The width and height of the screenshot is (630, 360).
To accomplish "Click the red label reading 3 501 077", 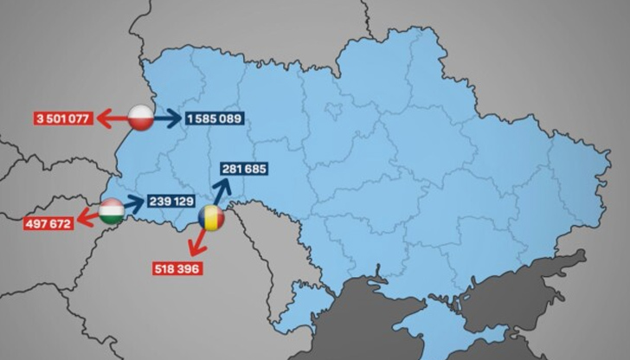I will click(61, 119).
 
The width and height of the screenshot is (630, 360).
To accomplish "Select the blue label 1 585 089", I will click(215, 119).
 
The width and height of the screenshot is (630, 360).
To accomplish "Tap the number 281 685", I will click(243, 170).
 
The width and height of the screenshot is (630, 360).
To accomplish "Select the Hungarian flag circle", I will click(112, 213).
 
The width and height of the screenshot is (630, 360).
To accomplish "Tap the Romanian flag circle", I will click(212, 221).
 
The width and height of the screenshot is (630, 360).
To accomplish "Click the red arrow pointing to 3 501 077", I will click(111, 118).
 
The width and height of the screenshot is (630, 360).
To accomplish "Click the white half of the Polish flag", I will click(140, 111).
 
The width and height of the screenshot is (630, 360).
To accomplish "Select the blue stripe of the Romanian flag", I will click(204, 221).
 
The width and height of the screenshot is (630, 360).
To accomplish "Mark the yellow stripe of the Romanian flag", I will click(212, 221).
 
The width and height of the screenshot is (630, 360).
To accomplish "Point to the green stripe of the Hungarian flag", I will click(112, 222).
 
